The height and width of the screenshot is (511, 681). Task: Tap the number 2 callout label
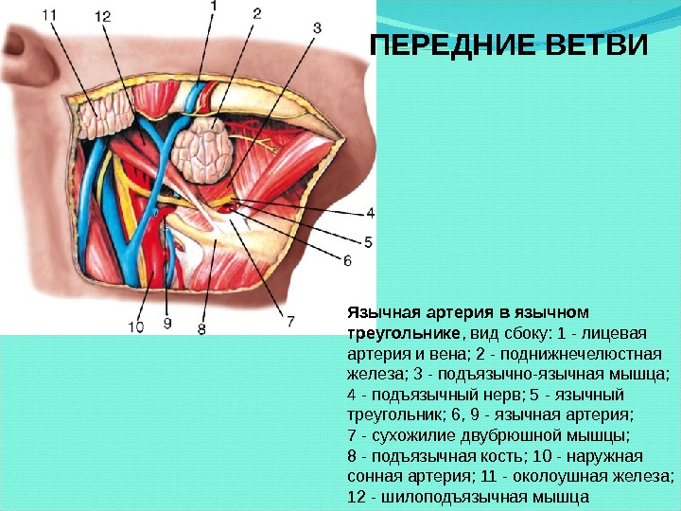click(257, 13)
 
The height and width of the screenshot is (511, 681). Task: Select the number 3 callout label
click(316, 27)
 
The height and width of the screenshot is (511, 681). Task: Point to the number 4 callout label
click(370, 212)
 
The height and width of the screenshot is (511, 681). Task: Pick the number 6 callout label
click(347, 260)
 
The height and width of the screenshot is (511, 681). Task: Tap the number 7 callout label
click(290, 322)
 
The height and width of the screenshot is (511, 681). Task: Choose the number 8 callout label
click(201, 328)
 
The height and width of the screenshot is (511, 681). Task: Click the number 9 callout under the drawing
click(166, 324)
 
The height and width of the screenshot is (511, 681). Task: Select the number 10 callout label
click(136, 326)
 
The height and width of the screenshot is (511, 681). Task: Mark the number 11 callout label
click(51, 15)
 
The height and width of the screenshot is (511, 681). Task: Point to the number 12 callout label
click(102, 16)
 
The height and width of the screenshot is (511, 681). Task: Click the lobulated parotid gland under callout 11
click(106, 115)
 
